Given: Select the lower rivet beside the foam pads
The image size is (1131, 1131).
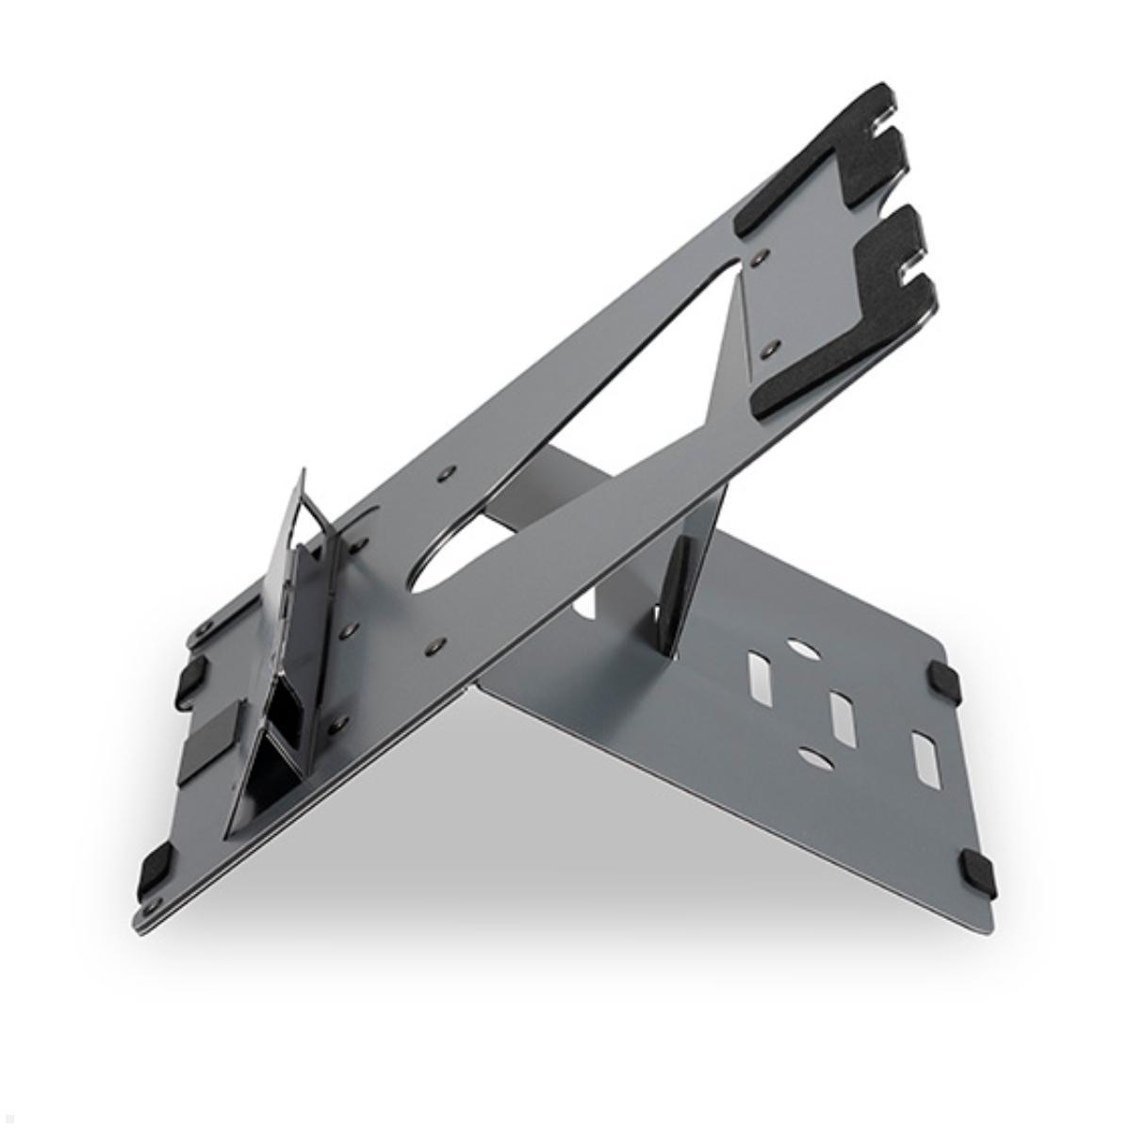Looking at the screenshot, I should point(775,347).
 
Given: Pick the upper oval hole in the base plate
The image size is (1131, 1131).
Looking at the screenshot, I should point(799,650).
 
